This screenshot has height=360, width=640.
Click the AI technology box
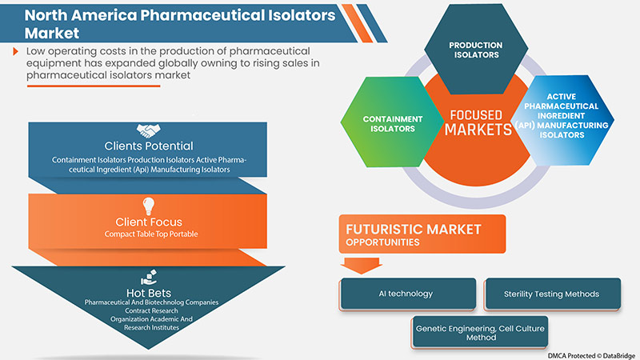tap(407, 294)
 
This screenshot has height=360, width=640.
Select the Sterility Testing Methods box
tap(552, 294)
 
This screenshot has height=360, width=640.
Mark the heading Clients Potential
tap(150, 146)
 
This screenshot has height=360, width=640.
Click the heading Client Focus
tap(150, 222)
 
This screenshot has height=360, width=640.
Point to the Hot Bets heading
tap(150, 293)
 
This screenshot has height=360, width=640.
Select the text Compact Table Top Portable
tap(150, 234)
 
